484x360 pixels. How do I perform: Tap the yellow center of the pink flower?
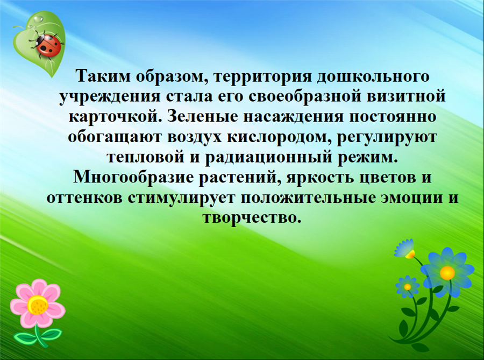click(38, 305)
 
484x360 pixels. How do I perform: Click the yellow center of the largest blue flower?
click(447, 272)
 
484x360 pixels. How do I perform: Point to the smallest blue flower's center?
click(408, 287)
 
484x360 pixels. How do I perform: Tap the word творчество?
click(252, 218)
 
